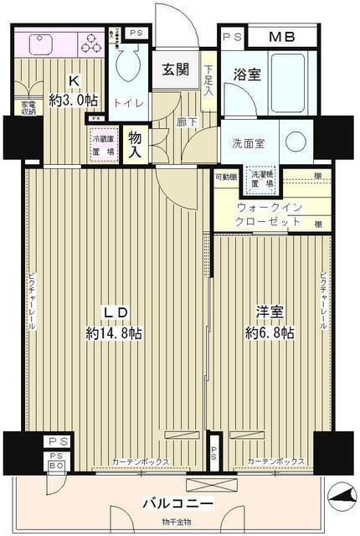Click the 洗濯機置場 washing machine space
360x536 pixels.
[270, 178]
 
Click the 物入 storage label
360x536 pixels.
[135, 145]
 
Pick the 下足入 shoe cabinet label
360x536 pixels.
[208, 80]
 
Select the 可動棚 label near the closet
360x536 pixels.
[224, 177]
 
